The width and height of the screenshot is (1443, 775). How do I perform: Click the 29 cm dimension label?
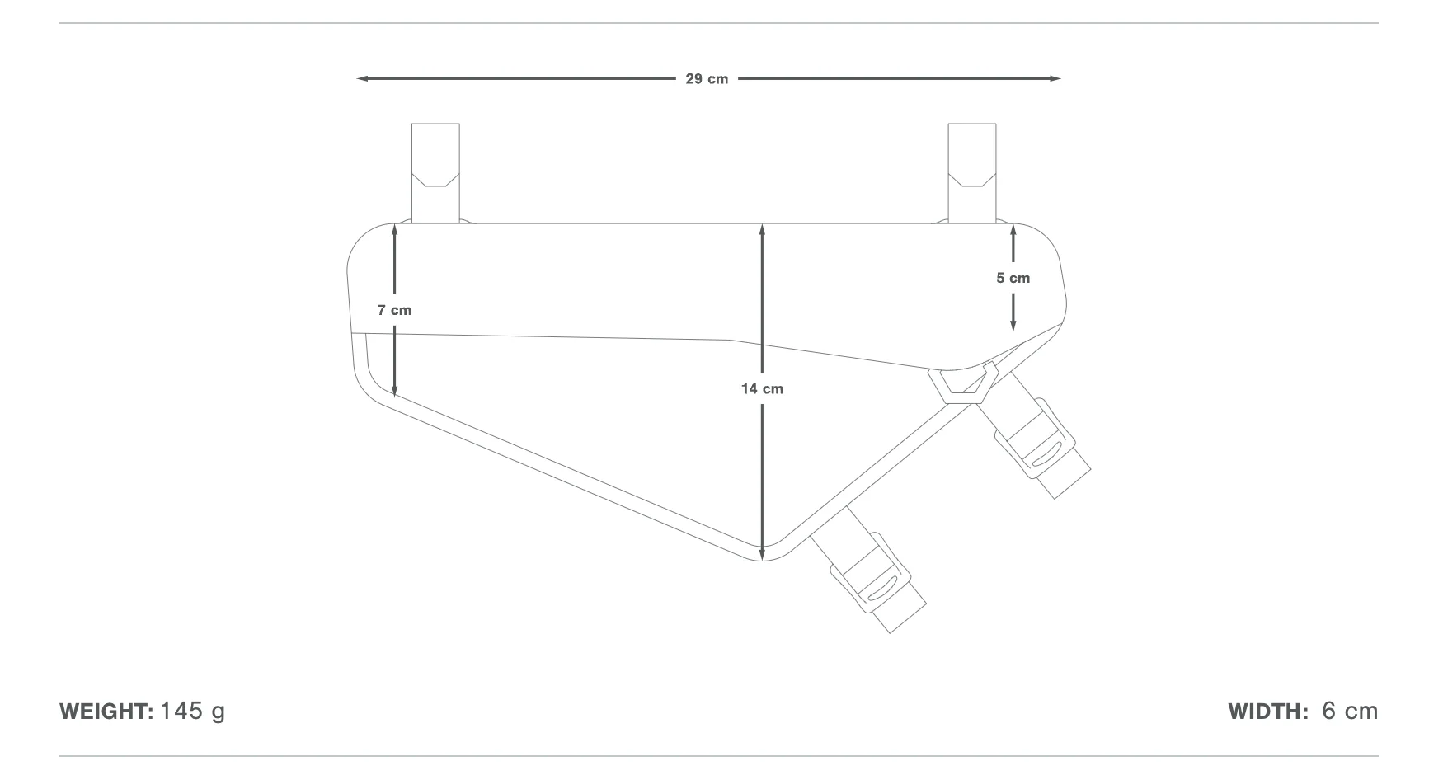pos(707,79)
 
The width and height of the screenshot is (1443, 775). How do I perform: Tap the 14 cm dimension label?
pos(762,388)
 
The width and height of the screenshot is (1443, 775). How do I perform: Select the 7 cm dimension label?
pos(394,310)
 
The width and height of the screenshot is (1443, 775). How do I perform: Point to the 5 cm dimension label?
pos(1013,278)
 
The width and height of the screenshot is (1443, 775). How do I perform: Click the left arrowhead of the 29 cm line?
pos(362,79)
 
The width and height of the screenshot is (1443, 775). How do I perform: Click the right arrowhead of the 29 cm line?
pos(1055,79)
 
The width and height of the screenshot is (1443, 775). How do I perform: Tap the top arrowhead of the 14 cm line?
pos(763,229)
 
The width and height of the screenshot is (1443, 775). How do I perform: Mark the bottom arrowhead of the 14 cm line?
pos(763,554)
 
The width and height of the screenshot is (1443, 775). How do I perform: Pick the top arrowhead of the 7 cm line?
pos(395,230)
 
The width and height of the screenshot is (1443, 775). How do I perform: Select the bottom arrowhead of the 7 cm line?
pos(395,391)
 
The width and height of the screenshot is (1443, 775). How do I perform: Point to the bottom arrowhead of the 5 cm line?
pos(1013,326)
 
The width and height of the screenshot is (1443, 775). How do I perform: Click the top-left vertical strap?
pos(435,173)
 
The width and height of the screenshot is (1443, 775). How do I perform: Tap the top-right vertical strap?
pos(972,173)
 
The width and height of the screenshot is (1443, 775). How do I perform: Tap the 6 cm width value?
pos(1350,712)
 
